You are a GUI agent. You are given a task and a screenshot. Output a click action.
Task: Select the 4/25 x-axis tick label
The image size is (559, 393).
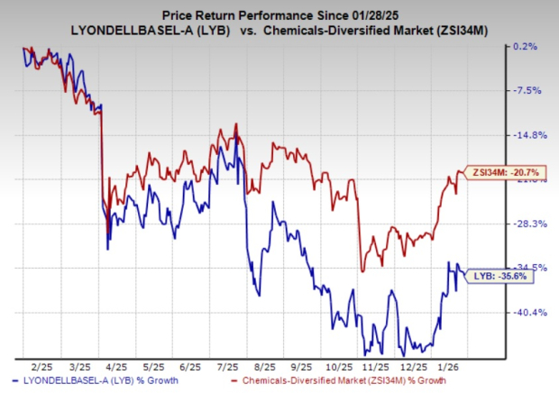coord(115,368)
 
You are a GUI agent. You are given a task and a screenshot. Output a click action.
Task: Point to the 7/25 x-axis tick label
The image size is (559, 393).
coord(227,368)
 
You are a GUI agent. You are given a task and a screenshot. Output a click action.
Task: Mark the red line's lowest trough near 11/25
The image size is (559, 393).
coord(362,270)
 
